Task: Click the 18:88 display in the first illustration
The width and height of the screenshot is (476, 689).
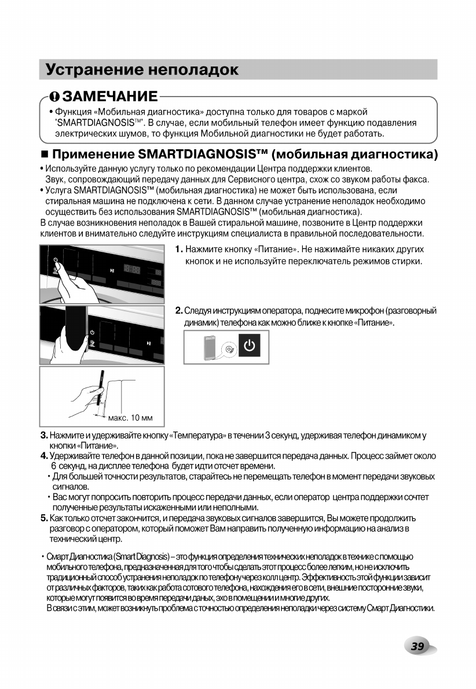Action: click(x=132, y=270)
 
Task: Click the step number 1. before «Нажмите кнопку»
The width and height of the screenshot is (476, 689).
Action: click(x=179, y=249)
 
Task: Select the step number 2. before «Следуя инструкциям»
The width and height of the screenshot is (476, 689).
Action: click(x=179, y=311)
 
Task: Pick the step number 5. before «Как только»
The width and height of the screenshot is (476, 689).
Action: click(x=44, y=518)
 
